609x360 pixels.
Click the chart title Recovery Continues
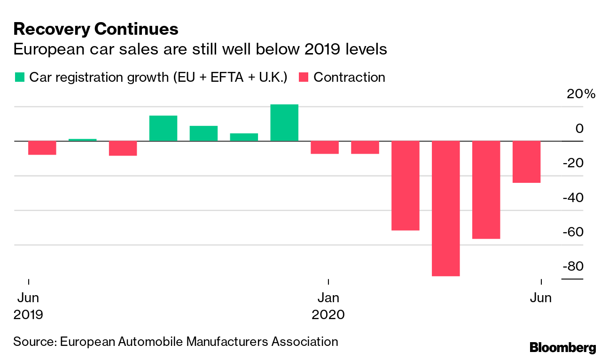(95, 29)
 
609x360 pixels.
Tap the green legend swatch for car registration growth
(20, 77)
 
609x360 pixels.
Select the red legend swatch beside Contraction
(304, 77)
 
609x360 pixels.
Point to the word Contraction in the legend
(349, 77)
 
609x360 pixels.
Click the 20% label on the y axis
(581, 94)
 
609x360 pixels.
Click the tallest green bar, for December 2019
(284, 123)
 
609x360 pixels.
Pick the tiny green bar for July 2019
(83, 140)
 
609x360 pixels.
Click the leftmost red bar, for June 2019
(42, 148)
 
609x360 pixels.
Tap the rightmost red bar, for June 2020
(526, 162)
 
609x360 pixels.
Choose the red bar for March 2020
(405, 186)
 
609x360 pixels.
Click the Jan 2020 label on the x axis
(328, 305)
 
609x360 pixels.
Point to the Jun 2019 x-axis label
(28, 305)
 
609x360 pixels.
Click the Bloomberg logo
(562, 348)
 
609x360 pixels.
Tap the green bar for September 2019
(163, 128)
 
